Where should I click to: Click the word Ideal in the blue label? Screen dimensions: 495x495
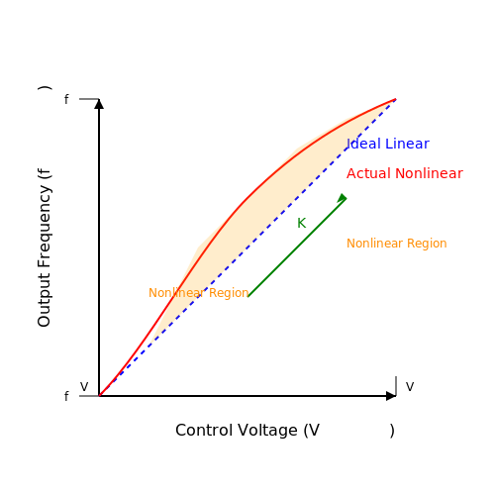pyautogui.click(x=364, y=144)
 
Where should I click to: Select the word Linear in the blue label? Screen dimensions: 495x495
pyautogui.click(x=407, y=144)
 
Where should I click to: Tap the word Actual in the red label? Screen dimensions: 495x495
pyautogui.click(x=368, y=173)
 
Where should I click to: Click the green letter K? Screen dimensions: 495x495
pyautogui.click(x=302, y=223)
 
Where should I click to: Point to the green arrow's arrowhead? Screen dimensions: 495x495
pyautogui.click(x=343, y=198)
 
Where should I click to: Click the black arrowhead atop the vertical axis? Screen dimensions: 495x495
pyautogui.click(x=99, y=104)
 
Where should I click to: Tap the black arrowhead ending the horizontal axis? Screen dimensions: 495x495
pyautogui.click(x=391, y=396)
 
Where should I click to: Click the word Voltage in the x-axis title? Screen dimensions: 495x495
pyautogui.click(x=267, y=432)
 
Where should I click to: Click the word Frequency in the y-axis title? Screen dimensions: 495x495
pyautogui.click(x=45, y=227)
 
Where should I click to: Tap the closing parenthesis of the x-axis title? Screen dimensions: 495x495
pyautogui.click(x=392, y=431)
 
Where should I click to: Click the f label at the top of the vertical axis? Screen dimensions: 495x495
pyautogui.click(x=66, y=99)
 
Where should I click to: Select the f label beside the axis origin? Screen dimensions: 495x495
pyautogui.click(x=66, y=396)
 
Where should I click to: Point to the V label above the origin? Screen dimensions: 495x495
pyautogui.click(x=84, y=387)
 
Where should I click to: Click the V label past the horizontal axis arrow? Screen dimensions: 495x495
pyautogui.click(x=410, y=387)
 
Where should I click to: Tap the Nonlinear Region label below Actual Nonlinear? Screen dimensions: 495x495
pyautogui.click(x=397, y=244)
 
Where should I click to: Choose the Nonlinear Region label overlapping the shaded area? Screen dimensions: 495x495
pyautogui.click(x=199, y=293)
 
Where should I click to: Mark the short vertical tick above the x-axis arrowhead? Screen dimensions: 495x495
pyautogui.click(x=396, y=386)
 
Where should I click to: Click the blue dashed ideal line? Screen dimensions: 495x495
pyautogui.click(x=247, y=247)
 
